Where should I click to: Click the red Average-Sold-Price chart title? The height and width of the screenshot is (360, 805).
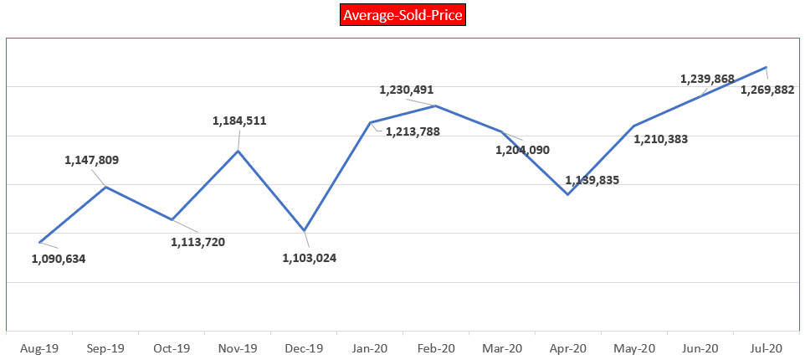[402, 15]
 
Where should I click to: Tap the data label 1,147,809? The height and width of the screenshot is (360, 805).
[92, 160]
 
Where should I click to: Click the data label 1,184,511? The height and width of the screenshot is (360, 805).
[239, 121]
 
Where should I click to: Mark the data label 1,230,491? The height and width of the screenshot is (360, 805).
[407, 90]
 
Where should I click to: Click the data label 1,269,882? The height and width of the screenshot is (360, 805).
[767, 90]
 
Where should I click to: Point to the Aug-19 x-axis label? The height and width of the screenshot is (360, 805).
[39, 347]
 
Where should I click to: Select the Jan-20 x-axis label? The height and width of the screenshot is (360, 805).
[370, 347]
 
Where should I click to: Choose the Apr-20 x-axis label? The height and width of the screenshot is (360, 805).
[568, 347]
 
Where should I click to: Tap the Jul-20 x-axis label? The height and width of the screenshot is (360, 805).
[767, 347]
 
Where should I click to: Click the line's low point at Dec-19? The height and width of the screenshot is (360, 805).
[305, 230]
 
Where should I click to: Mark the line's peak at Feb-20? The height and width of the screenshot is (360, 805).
[436, 105]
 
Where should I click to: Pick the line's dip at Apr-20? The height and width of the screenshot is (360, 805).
[568, 194]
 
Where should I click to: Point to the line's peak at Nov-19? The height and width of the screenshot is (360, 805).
[238, 151]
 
